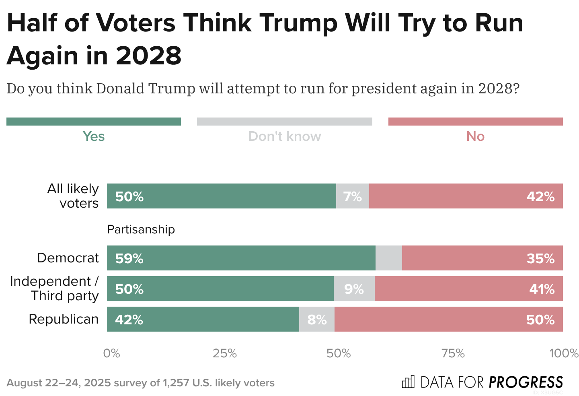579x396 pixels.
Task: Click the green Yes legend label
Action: (93, 136)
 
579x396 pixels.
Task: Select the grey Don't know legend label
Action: (284, 136)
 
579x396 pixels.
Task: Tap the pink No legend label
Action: (475, 136)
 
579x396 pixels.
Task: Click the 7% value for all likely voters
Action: (352, 196)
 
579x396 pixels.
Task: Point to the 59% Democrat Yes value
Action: (129, 258)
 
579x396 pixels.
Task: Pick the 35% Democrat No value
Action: (540, 258)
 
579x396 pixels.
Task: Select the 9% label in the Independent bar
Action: (354, 289)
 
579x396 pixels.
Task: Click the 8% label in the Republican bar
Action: (317, 320)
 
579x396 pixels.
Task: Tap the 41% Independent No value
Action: (542, 289)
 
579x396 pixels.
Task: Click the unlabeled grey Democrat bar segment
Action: (388, 258)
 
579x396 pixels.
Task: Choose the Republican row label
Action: (64, 319)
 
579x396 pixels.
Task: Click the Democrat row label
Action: (68, 258)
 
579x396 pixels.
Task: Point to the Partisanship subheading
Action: (141, 229)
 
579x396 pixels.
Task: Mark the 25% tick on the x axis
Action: (224, 353)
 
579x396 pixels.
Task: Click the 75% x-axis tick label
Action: (453, 353)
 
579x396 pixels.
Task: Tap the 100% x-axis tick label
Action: (564, 353)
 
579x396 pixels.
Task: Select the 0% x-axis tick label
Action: (111, 353)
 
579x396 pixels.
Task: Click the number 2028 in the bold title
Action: (148, 56)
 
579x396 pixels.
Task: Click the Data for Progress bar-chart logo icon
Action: (408, 382)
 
